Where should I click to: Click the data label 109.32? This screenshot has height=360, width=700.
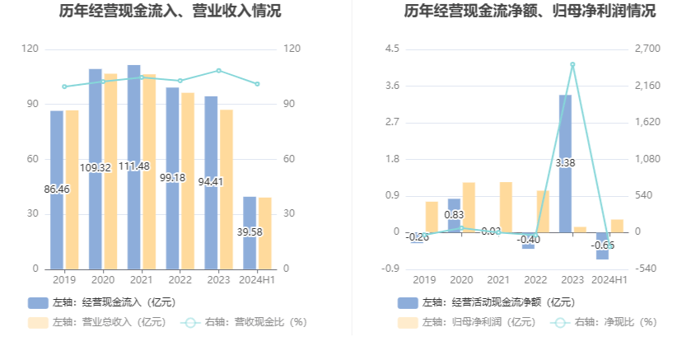click(96, 168)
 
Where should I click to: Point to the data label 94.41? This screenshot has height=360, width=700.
click(212, 182)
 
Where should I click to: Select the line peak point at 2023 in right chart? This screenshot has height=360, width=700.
click(572, 64)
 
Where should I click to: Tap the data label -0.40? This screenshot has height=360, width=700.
click(528, 239)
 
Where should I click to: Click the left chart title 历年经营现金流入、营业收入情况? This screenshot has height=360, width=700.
click(170, 12)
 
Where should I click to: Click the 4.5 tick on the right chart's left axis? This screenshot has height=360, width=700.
click(392, 49)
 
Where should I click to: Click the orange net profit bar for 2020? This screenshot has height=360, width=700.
click(469, 208)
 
